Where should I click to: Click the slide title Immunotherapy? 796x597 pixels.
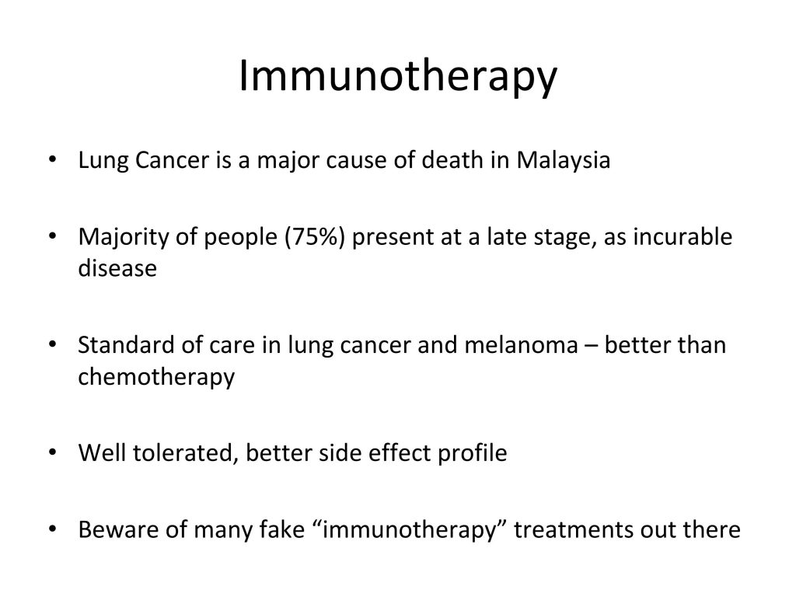[x=398, y=77]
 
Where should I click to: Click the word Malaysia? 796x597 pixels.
[x=563, y=161]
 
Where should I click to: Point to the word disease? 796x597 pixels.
[x=117, y=268]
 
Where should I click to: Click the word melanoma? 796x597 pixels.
[x=521, y=344]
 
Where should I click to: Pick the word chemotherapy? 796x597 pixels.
[x=156, y=377]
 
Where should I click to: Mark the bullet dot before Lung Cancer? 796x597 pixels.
[x=52, y=159]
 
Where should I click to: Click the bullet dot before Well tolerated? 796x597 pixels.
[x=52, y=452]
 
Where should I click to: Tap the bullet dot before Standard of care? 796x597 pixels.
[x=52, y=344]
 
